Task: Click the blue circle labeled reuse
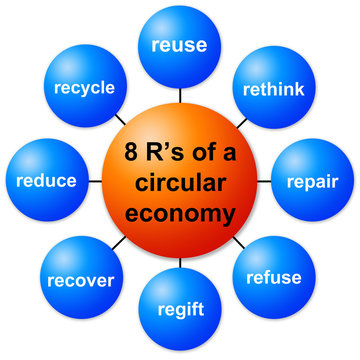[178, 46]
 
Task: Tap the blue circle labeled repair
[312, 183]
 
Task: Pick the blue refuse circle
[271, 277]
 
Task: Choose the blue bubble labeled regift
[179, 308]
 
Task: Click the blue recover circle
[80, 280]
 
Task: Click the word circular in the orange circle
[180, 183]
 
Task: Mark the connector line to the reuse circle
[179, 95]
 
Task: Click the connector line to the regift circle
[179, 262]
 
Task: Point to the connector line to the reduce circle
[94, 181]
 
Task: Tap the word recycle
[85, 87]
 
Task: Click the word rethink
[273, 87]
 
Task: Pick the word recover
[80, 281]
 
